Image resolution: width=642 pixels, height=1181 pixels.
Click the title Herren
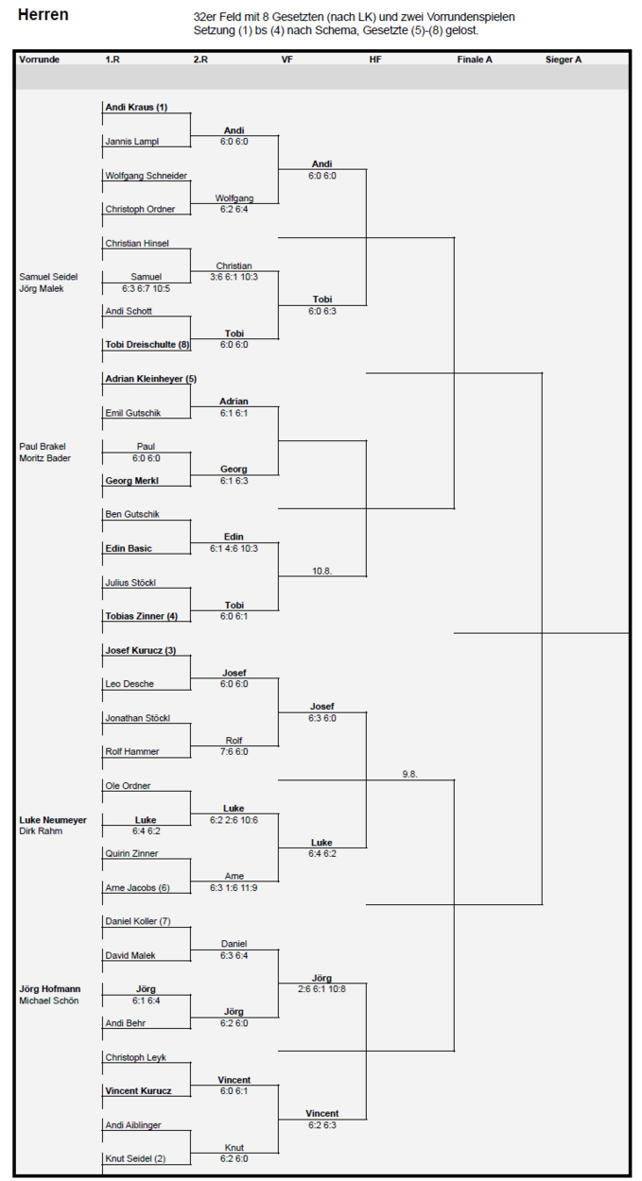[x=43, y=15]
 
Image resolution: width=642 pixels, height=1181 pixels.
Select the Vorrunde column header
[x=39, y=60]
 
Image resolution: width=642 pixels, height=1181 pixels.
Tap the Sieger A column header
[x=564, y=60]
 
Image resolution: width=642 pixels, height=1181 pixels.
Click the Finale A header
[x=475, y=60]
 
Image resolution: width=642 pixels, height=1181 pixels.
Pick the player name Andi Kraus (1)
[x=136, y=107]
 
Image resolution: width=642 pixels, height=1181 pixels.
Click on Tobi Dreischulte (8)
[x=147, y=344]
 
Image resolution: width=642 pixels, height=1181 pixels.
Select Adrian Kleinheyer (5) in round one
[x=151, y=379]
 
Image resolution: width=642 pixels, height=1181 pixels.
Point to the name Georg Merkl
[x=131, y=480]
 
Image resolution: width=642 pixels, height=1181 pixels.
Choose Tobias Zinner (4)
[x=142, y=616]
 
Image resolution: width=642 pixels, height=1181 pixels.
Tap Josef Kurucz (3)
[x=140, y=650]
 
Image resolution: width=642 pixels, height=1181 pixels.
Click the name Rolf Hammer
[x=131, y=751]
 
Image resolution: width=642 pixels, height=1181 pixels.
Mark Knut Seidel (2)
[x=135, y=1158]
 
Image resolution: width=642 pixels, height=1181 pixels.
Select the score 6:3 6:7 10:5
[x=147, y=288]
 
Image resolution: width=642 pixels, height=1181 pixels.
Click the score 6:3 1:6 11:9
[x=234, y=888]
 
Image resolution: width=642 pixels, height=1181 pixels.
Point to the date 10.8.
[x=321, y=571]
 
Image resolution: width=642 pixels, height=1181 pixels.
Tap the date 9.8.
[x=410, y=774]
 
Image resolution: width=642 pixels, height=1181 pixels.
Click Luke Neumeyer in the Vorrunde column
[x=53, y=820]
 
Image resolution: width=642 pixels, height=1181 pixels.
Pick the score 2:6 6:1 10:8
[x=321, y=989]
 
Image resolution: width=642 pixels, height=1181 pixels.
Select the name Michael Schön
[x=48, y=1001]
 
